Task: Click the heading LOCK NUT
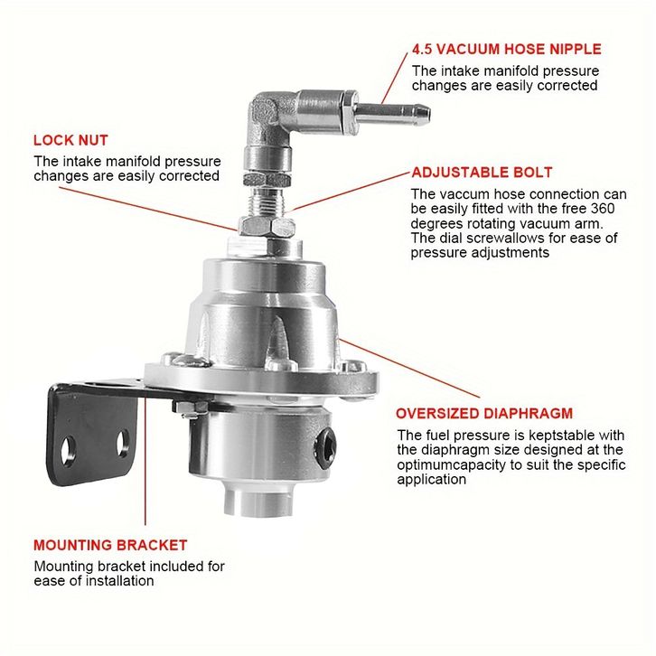(x=70, y=140)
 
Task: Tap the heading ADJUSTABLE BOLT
(x=482, y=173)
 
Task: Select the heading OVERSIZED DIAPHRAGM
(x=484, y=413)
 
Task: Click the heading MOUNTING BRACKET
(x=110, y=545)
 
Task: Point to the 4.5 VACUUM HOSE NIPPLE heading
(x=507, y=49)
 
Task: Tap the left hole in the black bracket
(x=67, y=451)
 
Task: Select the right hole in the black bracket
(x=123, y=443)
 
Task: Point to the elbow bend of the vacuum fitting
(x=265, y=113)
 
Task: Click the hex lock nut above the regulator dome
(x=267, y=226)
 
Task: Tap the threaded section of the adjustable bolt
(x=267, y=201)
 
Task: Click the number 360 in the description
(x=603, y=209)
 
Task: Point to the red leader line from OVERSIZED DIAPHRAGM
(x=409, y=368)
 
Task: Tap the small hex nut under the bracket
(x=191, y=408)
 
